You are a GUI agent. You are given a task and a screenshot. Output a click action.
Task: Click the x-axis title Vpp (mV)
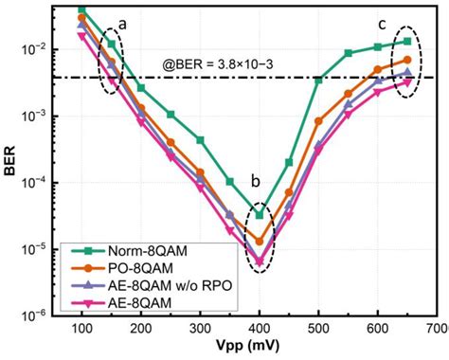click(x=258, y=349)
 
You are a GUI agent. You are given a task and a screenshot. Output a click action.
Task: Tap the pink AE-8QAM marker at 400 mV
click(x=260, y=261)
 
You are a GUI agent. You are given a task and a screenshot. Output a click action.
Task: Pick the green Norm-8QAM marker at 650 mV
click(x=407, y=41)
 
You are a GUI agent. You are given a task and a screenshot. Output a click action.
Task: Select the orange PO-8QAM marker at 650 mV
click(x=407, y=59)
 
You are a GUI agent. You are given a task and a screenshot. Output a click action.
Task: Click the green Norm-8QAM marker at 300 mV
click(x=200, y=139)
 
